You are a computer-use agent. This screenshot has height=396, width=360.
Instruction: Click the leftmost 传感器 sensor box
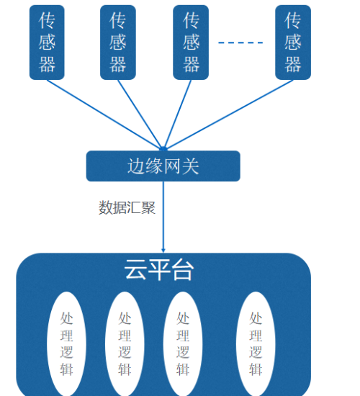[x=47, y=42]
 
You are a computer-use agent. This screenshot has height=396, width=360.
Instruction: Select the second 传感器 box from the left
[x=118, y=42]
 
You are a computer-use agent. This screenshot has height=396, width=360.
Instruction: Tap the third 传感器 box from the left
[x=191, y=42]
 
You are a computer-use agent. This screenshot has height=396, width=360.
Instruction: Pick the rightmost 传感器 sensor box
[x=293, y=42]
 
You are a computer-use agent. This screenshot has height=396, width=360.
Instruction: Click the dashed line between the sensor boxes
[x=240, y=42]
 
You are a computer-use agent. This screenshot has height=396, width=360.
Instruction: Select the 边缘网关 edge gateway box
[x=163, y=166]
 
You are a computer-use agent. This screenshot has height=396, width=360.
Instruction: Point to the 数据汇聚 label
[x=127, y=207]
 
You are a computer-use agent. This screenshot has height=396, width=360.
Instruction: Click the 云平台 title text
[x=159, y=270]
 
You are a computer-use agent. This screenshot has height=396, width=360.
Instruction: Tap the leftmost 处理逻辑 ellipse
[x=66, y=343]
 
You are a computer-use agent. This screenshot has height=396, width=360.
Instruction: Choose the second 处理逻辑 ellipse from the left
[x=125, y=343]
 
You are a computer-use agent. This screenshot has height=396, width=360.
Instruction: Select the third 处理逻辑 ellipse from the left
[x=183, y=343]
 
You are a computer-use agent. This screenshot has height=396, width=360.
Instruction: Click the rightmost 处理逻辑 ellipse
[x=256, y=343]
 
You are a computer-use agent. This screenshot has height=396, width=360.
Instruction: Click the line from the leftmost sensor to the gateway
[x=105, y=115]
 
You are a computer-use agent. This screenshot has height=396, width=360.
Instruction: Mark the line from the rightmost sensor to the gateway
[x=230, y=114]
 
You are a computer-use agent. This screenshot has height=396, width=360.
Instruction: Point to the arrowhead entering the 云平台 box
[x=163, y=250]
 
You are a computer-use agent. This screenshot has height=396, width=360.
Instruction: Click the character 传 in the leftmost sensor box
[x=47, y=21]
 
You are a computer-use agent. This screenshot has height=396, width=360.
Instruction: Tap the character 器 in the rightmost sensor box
[x=293, y=64]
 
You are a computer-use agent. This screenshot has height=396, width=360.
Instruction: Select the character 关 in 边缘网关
[x=191, y=166]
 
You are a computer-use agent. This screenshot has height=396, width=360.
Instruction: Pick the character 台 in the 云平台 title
[x=183, y=270]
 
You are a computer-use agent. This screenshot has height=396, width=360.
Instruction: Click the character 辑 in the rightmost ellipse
[x=256, y=369]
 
